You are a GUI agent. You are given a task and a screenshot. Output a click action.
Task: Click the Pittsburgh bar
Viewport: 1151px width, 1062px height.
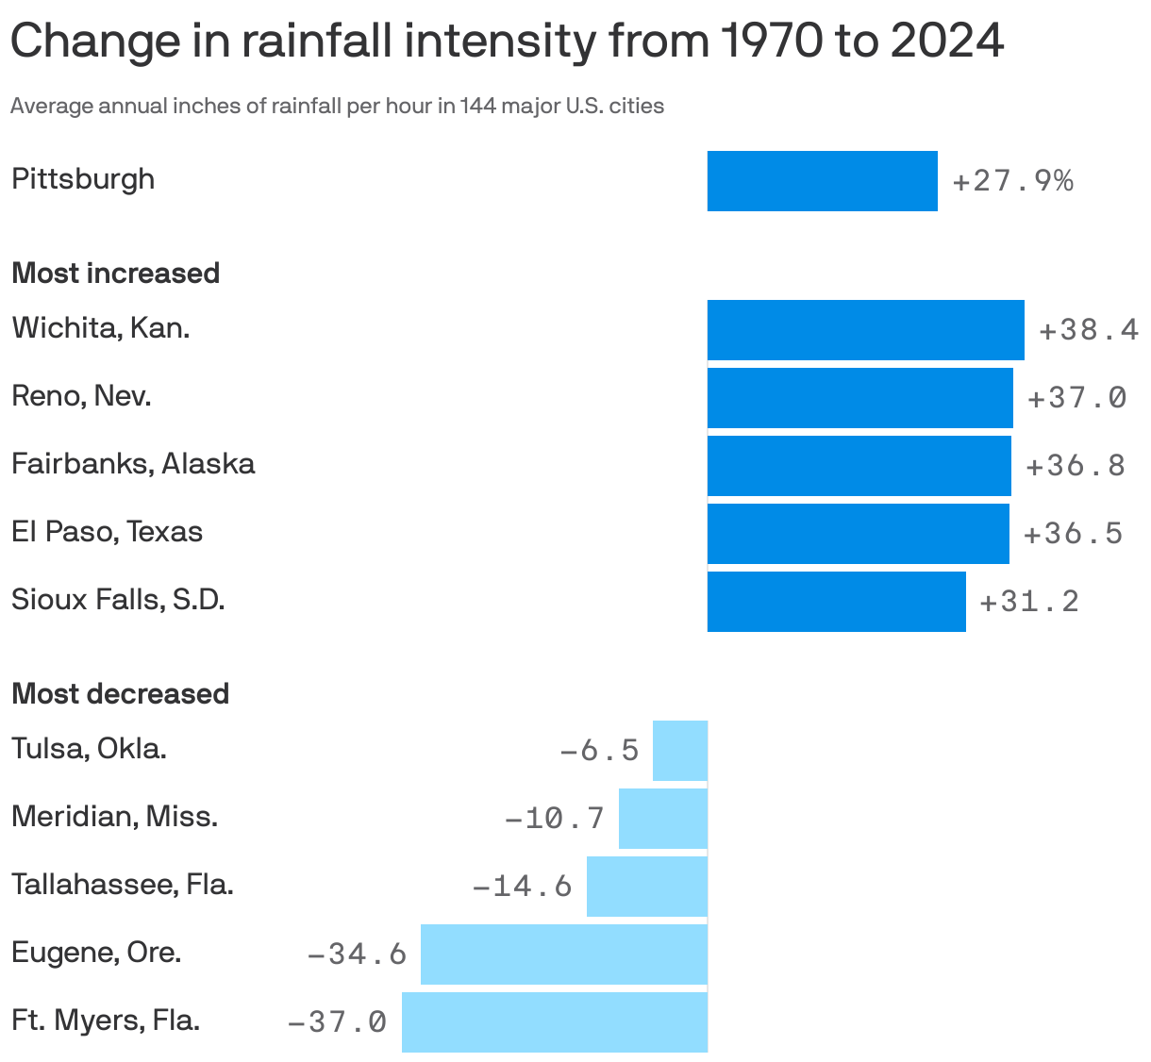822,181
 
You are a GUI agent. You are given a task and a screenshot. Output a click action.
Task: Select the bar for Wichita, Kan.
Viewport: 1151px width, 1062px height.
865,330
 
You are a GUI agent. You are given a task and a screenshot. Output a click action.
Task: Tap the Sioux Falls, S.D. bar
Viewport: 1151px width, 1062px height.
836,602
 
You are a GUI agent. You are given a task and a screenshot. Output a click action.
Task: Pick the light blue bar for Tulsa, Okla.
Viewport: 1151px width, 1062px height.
679,751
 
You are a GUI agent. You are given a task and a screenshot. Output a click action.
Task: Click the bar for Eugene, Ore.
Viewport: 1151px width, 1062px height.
563,954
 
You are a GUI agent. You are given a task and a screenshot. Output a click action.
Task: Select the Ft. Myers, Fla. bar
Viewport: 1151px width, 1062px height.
554,1022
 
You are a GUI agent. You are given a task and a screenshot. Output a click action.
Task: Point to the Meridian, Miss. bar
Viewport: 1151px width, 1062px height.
662,819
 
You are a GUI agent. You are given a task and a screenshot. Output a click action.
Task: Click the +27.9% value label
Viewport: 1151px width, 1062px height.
1012,181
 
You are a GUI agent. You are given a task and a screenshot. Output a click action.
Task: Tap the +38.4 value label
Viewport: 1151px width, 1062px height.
1088,330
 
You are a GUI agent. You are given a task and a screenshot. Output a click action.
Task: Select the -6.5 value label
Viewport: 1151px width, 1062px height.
599,751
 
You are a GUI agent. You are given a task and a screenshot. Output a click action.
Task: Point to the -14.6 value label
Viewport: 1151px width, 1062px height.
522,887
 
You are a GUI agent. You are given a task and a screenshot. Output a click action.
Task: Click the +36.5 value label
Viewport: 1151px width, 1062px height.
1073,534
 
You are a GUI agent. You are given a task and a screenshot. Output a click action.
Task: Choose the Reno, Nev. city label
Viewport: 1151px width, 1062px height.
81,396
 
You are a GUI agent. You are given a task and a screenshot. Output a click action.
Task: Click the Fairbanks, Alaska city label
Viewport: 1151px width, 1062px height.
133,464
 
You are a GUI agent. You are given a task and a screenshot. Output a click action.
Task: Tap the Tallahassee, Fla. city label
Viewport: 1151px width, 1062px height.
122,885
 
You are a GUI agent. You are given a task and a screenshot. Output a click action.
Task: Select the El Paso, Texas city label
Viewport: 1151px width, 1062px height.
107,532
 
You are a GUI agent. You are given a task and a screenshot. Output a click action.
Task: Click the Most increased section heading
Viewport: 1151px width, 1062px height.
115,274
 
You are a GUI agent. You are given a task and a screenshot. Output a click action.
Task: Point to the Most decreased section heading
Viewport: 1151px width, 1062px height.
120,694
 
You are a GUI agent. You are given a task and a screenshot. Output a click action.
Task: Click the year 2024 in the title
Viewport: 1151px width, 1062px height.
946,41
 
